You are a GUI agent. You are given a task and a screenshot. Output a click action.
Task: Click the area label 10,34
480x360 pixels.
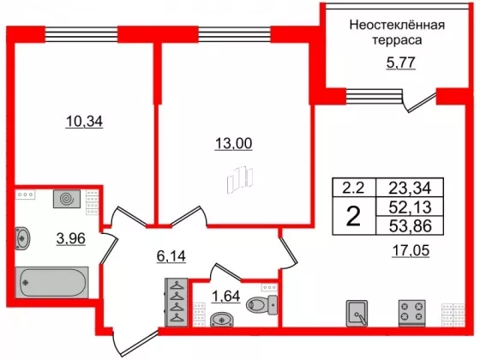point(84,122)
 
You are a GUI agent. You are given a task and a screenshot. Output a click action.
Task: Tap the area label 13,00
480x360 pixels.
point(233,143)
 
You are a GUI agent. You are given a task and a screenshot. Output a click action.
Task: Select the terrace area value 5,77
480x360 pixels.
point(401,63)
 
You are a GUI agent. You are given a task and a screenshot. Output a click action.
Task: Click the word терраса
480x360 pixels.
point(397,40)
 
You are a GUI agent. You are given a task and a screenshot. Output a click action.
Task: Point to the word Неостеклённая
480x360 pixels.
point(397,25)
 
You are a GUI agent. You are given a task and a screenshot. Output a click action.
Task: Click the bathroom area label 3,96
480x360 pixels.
point(70,238)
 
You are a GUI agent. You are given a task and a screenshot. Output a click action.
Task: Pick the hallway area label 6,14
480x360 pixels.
point(171,256)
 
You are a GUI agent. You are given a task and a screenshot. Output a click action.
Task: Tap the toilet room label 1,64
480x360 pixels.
point(226,296)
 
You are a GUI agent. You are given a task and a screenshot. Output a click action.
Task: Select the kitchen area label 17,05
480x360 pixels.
point(411,250)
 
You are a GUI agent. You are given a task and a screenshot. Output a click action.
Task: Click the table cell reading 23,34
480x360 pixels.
point(410,188)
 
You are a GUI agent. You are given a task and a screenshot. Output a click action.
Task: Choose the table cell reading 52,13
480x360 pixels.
point(410,207)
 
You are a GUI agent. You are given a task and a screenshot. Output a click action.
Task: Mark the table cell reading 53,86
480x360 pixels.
point(410,225)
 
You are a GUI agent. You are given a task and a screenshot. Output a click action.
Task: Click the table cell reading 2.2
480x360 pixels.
point(354,188)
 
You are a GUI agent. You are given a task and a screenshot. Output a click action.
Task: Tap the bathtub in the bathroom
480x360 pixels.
point(52,282)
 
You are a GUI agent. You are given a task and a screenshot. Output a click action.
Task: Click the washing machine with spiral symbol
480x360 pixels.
point(67,199)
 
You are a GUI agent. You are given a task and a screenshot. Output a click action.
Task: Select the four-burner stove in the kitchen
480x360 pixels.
point(412,313)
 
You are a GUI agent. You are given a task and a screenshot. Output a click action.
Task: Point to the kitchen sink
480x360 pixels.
point(357,313)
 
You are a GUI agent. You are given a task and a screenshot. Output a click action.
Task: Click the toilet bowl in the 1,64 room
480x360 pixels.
point(262,305)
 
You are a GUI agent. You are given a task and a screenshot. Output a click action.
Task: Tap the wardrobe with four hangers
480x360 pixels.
point(176,303)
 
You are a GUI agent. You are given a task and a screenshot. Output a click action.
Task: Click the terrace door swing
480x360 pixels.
point(419,101)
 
